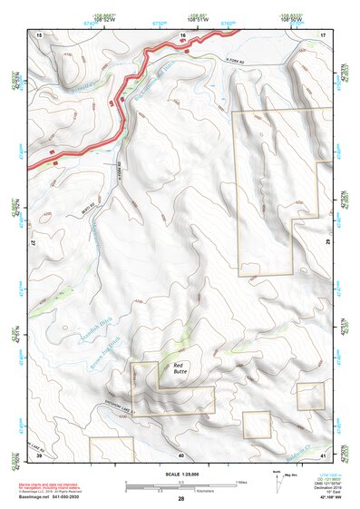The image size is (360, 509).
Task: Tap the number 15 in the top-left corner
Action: coord(39,34)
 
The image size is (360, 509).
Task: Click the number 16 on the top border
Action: coord(182,34)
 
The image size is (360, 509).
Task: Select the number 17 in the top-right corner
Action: coord(322,34)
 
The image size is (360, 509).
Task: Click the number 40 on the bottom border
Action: coord(180,455)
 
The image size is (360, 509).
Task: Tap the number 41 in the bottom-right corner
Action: coord(323,453)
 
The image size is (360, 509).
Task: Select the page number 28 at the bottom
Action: coord(180,499)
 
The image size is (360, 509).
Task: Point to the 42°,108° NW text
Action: coord(325,498)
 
